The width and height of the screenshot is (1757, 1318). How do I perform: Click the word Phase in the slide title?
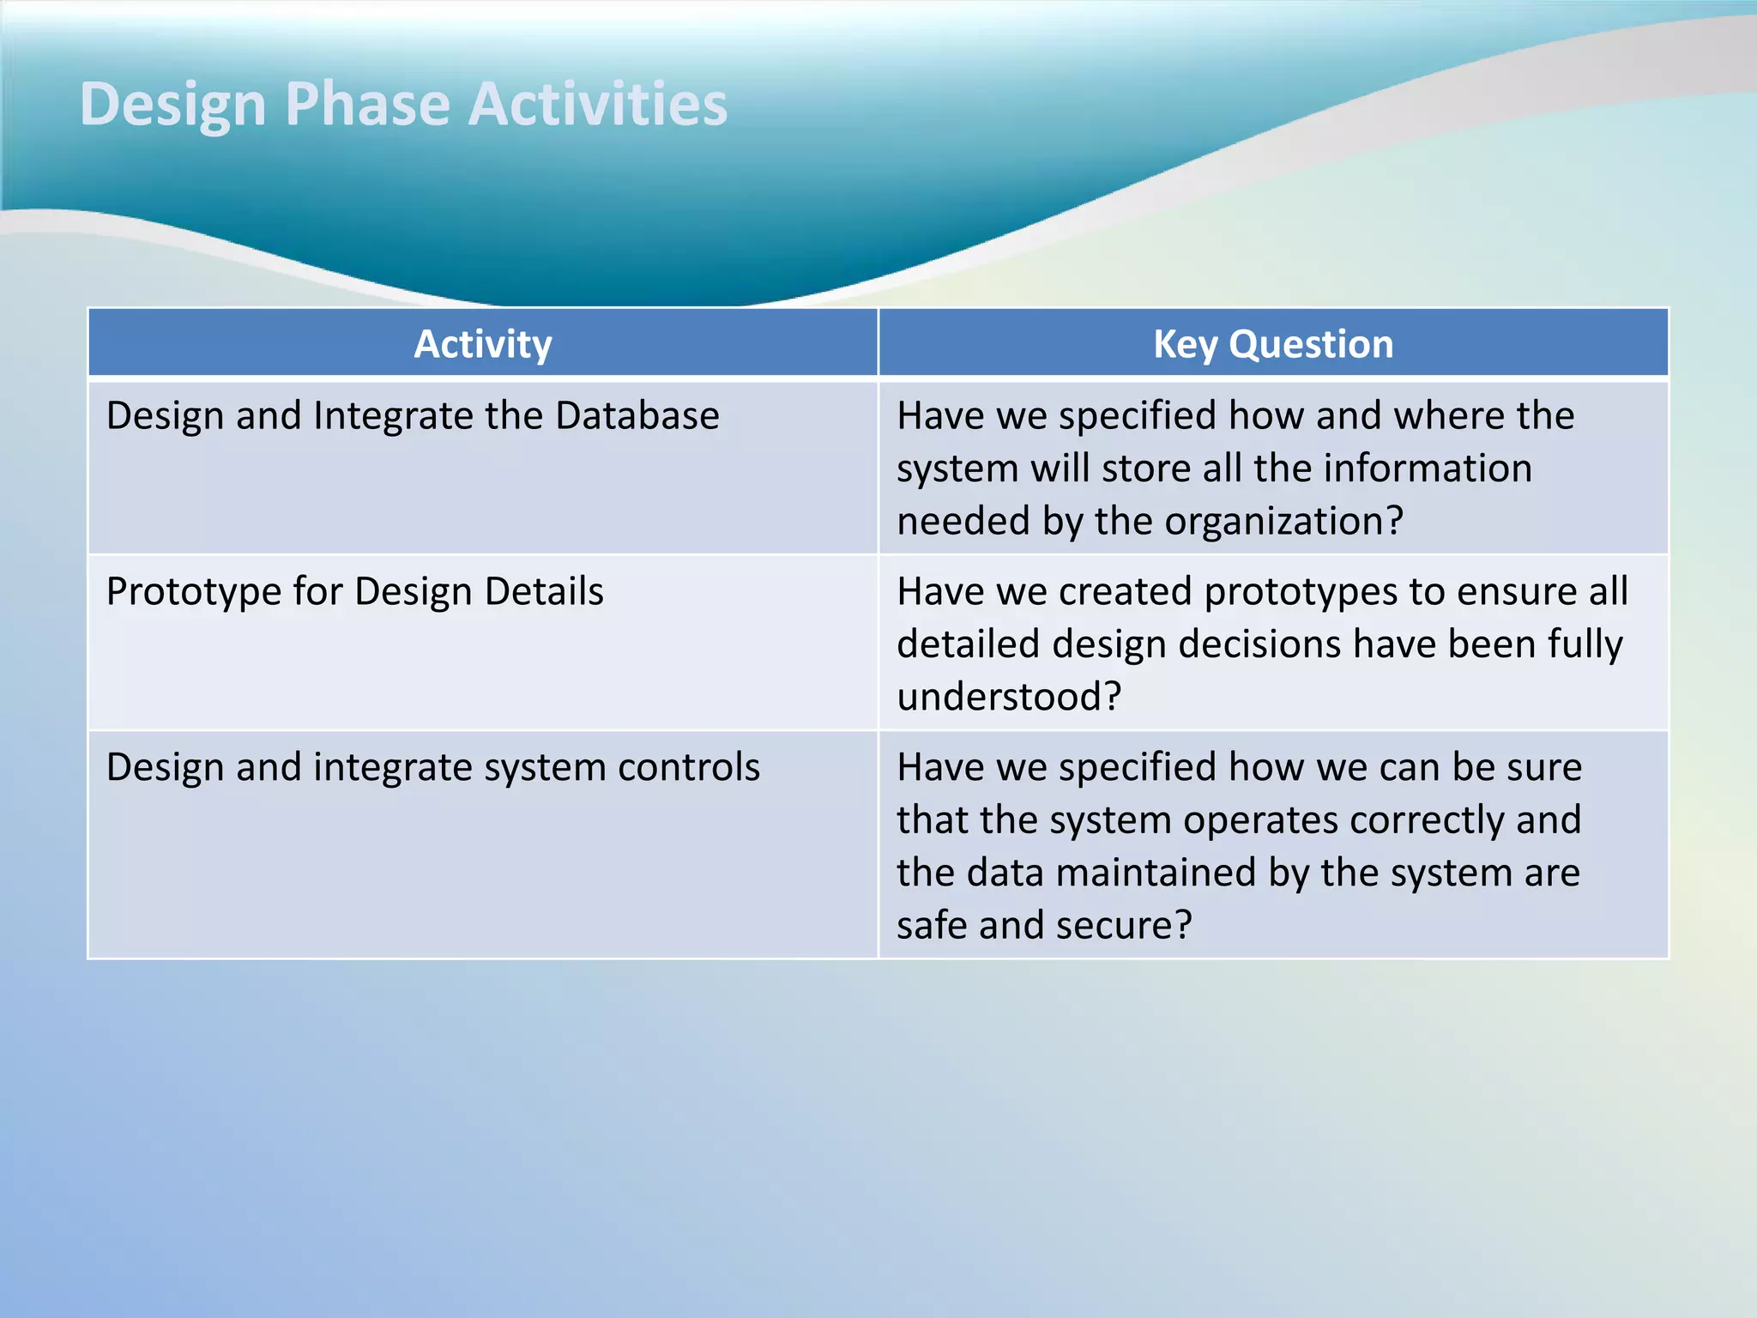coord(367,105)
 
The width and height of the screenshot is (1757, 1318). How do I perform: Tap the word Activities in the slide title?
coord(598,105)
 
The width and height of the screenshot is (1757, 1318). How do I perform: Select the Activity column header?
coord(482,344)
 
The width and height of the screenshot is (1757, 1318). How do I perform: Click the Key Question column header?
coord(1272,344)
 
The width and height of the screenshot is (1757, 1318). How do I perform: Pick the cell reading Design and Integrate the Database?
coord(413,416)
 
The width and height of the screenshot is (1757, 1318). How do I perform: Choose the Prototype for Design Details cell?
coord(354,592)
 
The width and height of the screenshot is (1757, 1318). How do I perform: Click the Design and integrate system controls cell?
coord(432,767)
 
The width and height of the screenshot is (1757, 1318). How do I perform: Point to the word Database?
coord(637,416)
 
